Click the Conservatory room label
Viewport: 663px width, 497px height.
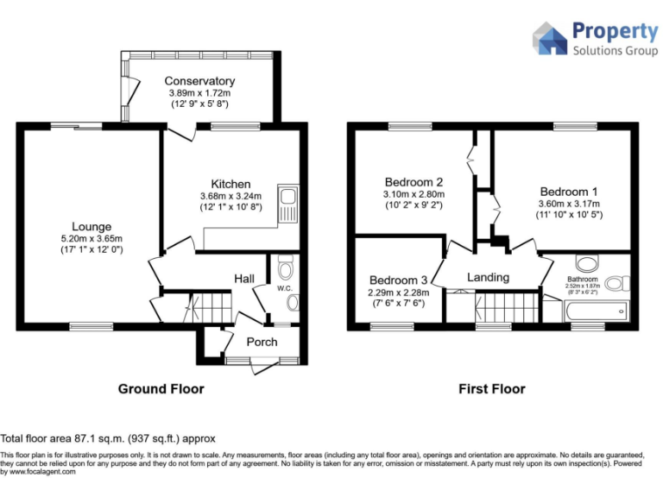click(199, 81)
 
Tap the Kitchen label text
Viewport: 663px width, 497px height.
click(230, 184)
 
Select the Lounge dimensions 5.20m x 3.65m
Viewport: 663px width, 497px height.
click(92, 239)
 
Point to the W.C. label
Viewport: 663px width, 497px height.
click(285, 289)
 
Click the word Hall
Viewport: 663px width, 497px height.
click(244, 279)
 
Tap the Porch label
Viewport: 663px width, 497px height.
click(262, 342)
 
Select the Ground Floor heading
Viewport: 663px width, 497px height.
click(161, 389)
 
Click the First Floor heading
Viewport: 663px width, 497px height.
click(491, 389)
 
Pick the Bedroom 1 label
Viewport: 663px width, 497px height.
click(569, 191)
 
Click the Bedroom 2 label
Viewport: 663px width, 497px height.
click(414, 182)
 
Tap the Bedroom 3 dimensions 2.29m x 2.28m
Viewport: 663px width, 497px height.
click(398, 293)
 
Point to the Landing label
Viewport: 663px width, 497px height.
click(488, 277)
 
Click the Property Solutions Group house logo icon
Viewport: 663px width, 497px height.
click(549, 39)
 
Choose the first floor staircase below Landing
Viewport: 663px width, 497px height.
click(506, 307)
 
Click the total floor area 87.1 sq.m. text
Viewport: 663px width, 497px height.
click(108, 438)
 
